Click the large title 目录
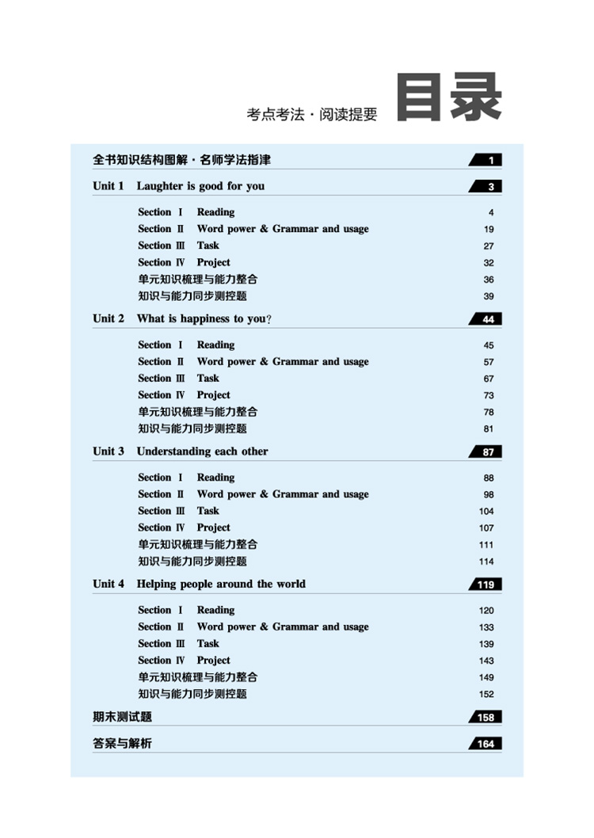pos(449,99)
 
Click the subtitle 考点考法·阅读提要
pos(312,115)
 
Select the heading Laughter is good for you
pos(200,186)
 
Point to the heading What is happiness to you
pos(204,318)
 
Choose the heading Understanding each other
pos(202,451)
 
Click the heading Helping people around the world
pos(221,584)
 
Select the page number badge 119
pos(485,585)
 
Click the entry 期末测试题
pos(122,717)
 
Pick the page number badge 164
pos(485,744)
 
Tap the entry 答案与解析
pos(122,743)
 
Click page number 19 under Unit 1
pos(489,230)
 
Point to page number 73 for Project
pos(489,395)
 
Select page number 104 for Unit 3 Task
pos(486,512)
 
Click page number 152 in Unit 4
pos(486,695)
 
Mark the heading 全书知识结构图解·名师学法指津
pos(181,160)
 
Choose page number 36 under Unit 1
pos(489,280)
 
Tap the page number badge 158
pos(485,718)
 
